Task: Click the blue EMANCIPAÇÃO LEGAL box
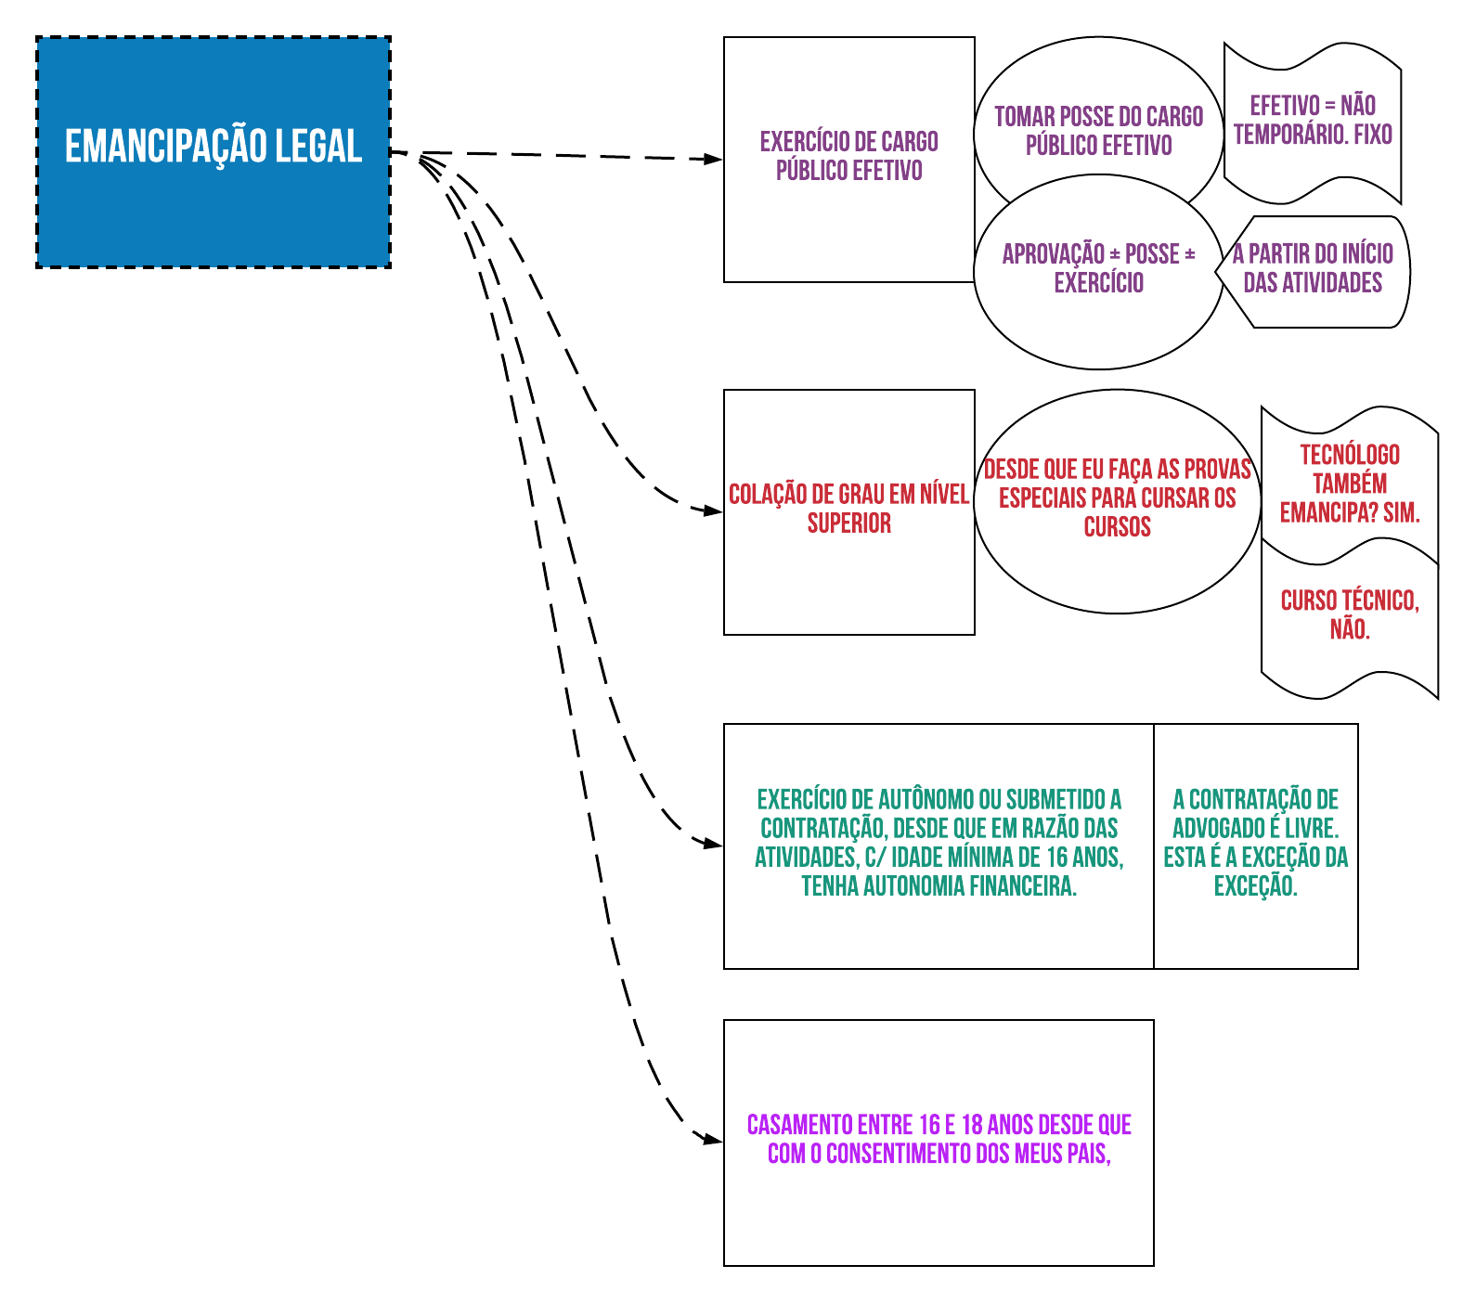click(214, 152)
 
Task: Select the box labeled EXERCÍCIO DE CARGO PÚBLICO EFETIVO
click(849, 160)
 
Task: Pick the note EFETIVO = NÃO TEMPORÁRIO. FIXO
click(1313, 122)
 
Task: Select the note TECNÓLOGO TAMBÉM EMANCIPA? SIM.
click(1350, 484)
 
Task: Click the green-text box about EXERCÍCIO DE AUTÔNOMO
click(939, 846)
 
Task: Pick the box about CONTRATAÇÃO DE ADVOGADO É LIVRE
click(1256, 846)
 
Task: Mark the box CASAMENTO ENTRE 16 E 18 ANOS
click(939, 1143)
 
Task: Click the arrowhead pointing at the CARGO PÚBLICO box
click(713, 160)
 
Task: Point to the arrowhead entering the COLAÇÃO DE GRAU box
click(713, 511)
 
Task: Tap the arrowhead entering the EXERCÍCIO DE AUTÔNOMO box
click(713, 845)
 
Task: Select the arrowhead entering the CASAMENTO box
click(713, 1140)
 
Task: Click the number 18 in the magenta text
click(972, 1125)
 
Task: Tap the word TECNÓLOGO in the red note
click(1350, 455)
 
